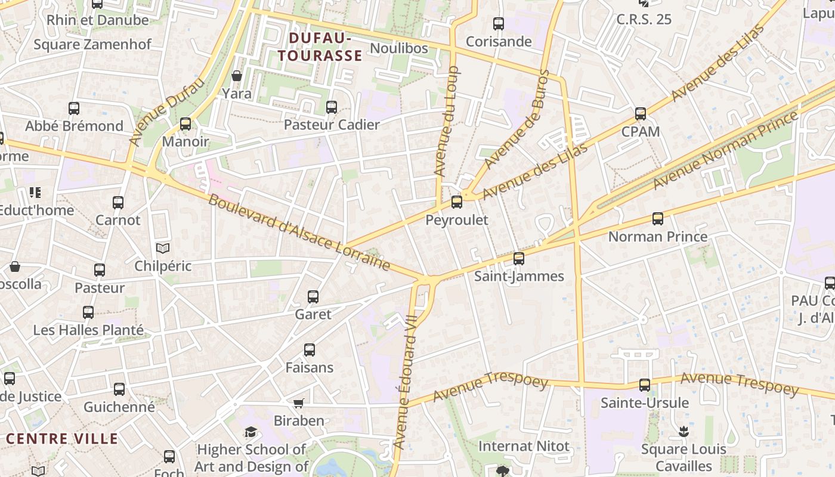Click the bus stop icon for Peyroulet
(456, 202)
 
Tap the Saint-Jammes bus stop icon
(519, 259)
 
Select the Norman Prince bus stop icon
(657, 219)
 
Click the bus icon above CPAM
(640, 113)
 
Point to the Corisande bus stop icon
(498, 24)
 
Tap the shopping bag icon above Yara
(236, 76)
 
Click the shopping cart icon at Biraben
(299, 403)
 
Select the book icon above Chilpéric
(162, 248)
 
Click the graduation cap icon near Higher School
(250, 432)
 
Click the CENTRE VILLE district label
(62, 439)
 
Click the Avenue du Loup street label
(446, 121)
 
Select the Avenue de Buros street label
(517, 119)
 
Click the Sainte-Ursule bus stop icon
(644, 385)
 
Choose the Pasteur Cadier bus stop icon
(332, 107)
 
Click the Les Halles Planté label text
(88, 330)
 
